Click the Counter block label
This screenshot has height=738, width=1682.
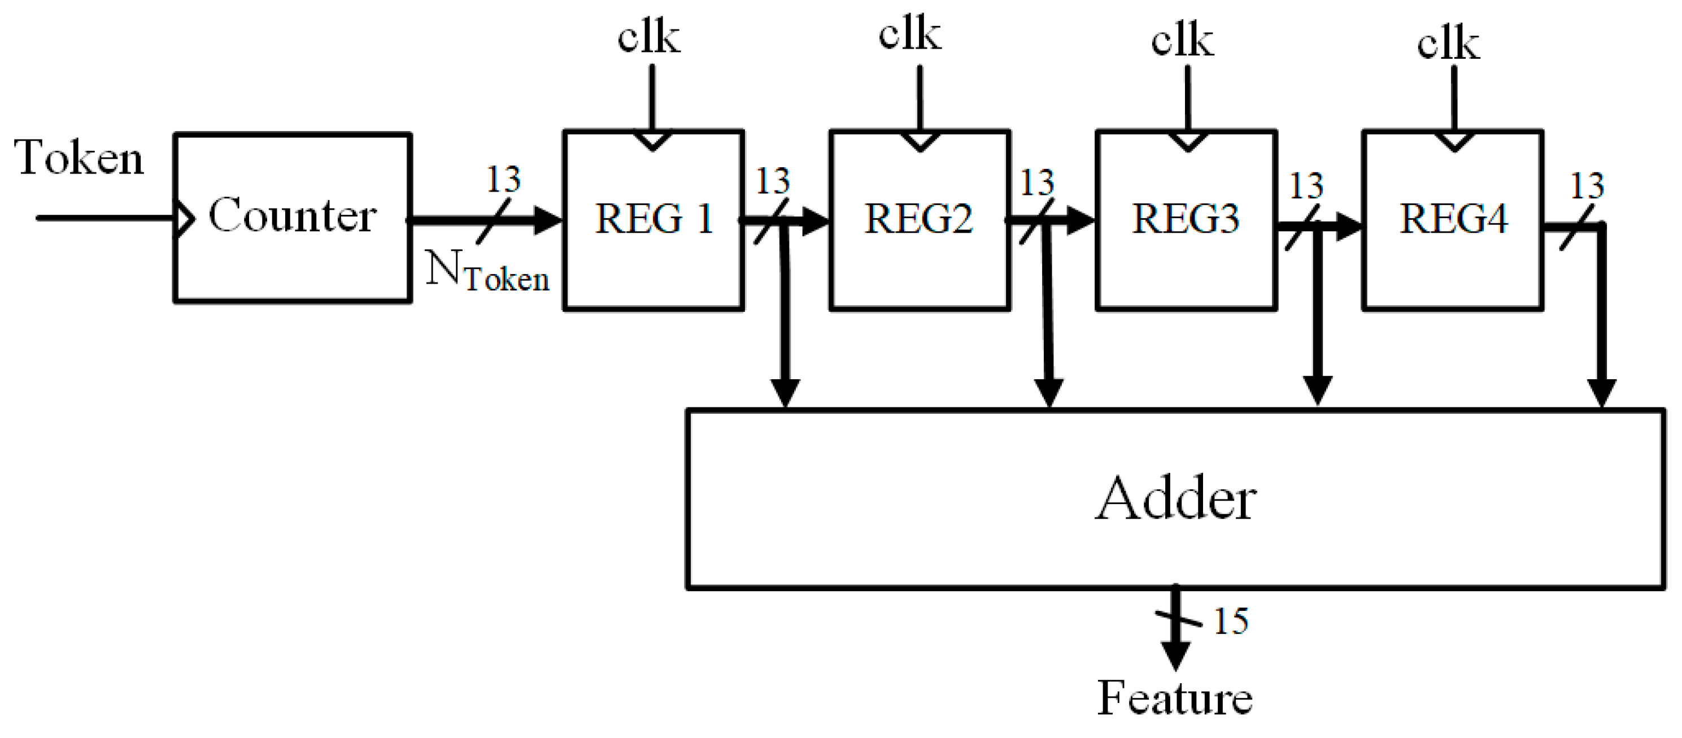point(292,215)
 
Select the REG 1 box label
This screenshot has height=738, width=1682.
point(653,219)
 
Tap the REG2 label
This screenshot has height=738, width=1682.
point(919,219)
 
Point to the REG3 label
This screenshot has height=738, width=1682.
point(1185,219)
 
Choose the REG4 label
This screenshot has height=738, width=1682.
point(1453,219)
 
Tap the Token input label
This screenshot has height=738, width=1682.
point(79,158)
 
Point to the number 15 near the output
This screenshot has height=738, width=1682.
point(1231,620)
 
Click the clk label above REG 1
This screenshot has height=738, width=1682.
point(648,37)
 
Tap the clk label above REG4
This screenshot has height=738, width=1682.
point(1448,45)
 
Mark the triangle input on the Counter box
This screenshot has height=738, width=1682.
point(185,219)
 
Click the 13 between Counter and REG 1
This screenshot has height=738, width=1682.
point(503,180)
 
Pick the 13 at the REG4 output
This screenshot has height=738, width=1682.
point(1587,186)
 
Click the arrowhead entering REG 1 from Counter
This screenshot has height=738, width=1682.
point(547,220)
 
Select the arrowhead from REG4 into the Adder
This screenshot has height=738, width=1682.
point(1602,393)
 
